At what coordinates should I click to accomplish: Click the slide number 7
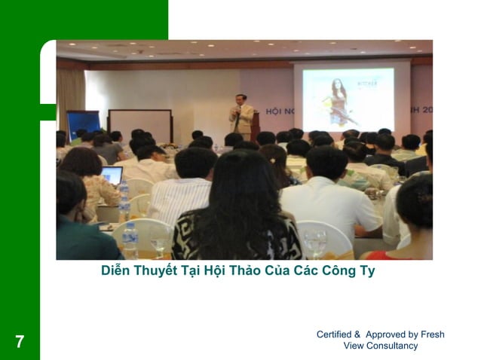coord(20,342)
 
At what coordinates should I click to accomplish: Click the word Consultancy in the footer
coord(392,346)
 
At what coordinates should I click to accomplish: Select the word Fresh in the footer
coord(432,334)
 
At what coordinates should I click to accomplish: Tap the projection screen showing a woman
coord(348,97)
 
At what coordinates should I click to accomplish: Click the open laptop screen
coord(111,175)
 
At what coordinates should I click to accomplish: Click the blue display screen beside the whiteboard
coord(82,124)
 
